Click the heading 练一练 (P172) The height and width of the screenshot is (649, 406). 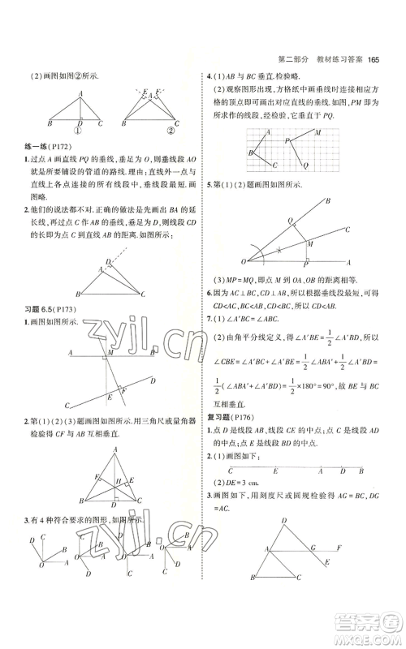pos(48,146)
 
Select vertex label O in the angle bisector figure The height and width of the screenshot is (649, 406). pos(242,260)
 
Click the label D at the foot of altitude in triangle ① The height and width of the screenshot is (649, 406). pos(81,122)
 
